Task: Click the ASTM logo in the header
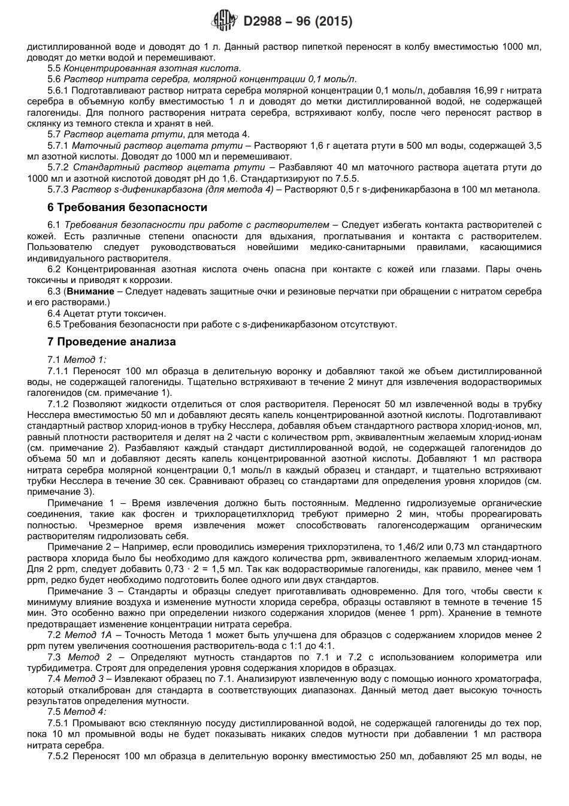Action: coord(226,22)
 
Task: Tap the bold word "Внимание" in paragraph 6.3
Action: coord(90,291)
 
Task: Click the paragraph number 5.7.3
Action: coord(58,190)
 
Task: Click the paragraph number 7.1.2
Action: coord(58,404)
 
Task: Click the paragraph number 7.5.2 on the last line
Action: coord(58,757)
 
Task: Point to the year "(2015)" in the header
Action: coord(333,22)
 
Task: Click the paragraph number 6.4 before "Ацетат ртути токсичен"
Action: coord(54,313)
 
